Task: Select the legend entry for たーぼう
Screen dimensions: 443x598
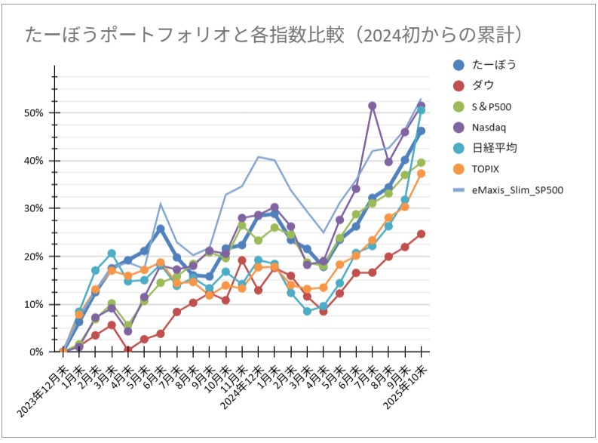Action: (494, 65)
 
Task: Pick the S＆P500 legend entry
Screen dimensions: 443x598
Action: (498, 106)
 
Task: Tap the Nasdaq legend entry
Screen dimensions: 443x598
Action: (494, 127)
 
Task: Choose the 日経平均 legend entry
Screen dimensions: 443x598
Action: (495, 147)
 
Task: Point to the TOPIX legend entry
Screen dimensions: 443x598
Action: (489, 168)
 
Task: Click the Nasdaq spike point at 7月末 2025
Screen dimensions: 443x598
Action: (372, 106)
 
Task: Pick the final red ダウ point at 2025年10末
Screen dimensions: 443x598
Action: (421, 234)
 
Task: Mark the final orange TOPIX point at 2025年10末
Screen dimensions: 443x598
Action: (421, 174)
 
